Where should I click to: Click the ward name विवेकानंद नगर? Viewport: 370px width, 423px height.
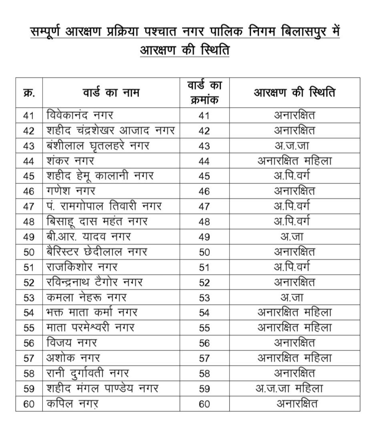80,115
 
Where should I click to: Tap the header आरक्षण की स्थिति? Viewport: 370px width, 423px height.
294,93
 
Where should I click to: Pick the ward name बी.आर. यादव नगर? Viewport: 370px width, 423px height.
88,237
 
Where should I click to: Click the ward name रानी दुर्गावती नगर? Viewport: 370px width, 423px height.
88,373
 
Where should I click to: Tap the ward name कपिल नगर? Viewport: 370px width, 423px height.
72,404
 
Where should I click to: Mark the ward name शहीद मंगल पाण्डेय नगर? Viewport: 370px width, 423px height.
103,388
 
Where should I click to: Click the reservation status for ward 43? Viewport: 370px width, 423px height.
294,146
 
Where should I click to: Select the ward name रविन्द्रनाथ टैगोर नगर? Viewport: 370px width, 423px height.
95,282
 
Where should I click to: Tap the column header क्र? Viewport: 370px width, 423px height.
29,93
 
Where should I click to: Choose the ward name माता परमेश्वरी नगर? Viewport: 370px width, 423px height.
90,328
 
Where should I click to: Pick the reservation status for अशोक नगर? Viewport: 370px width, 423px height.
294,358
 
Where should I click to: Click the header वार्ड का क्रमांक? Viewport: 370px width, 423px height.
204,93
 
